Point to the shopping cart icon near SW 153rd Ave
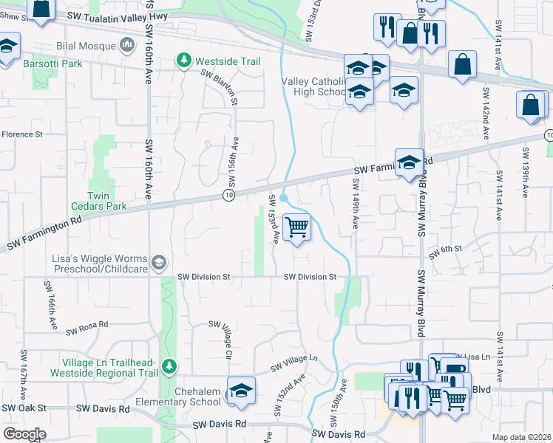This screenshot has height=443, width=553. (x=296, y=227)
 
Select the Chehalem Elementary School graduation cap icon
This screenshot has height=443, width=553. (x=241, y=392)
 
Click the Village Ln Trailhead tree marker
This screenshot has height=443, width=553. (x=170, y=365)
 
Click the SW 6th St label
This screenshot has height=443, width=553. (x=446, y=250)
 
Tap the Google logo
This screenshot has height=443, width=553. (x=25, y=434)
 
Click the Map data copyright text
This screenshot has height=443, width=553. (x=522, y=437)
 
